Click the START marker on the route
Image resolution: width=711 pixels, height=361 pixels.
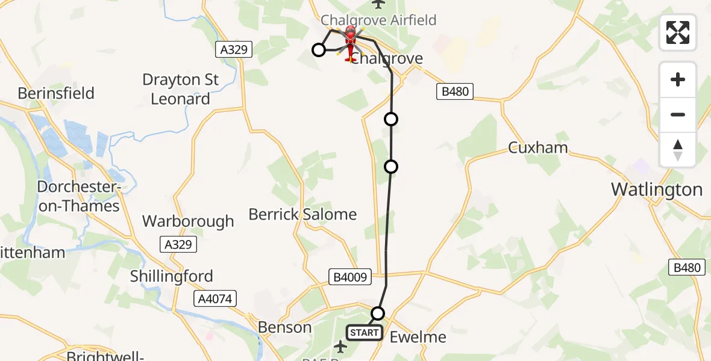(x=365, y=333)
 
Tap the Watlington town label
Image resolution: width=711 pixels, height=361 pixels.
(x=657, y=190)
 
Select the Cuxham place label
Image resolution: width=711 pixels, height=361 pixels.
(x=538, y=147)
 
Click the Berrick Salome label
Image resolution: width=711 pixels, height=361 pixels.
(x=302, y=214)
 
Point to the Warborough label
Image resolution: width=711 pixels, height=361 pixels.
(x=188, y=221)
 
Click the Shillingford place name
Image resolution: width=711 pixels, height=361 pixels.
(x=172, y=276)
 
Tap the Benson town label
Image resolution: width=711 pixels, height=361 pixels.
(x=284, y=327)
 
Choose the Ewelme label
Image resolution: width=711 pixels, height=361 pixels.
(x=418, y=337)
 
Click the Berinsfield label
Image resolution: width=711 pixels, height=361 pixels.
(x=56, y=93)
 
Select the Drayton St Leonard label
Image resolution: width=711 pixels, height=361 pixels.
(x=180, y=89)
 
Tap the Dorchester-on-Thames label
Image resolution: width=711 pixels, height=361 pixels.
(x=78, y=196)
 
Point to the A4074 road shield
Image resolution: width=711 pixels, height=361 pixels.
(x=215, y=298)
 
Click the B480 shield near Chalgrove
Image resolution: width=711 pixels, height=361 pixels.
(x=455, y=92)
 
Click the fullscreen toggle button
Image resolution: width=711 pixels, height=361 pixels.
(x=678, y=32)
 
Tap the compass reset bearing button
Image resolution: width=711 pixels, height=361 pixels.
(x=678, y=150)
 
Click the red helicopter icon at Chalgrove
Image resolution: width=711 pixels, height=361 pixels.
(x=350, y=42)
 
